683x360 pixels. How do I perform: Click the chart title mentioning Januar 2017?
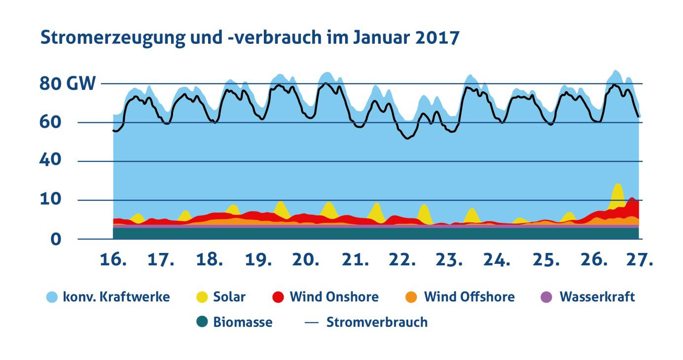250,38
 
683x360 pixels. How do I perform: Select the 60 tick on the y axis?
52,122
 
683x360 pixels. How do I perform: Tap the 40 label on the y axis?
52,161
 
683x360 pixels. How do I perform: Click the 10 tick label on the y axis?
52,200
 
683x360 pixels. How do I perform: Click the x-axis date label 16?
113,260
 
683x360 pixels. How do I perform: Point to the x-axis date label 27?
640,260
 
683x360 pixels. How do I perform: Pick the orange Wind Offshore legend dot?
412,297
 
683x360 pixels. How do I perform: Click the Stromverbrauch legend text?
377,323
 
